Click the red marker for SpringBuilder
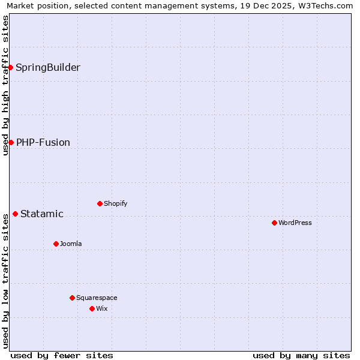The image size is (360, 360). pos(11,67)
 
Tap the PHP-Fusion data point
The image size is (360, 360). pos(11,142)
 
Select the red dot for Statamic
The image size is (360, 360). pos(15,214)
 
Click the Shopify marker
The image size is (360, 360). pos(100,203)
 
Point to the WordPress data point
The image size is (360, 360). pos(274,223)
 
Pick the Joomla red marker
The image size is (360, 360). pos(56,244)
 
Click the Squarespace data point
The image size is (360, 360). pos(72,298)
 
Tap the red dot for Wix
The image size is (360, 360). pos(92,308)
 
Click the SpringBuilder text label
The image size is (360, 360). pos(48,67)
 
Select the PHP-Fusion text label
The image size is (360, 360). pos(43,142)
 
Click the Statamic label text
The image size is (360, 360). pos(42,214)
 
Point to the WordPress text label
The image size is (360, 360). pos(295,223)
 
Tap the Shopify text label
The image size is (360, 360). pos(116,203)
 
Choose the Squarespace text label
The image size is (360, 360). pos(97,298)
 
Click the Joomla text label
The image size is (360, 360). pos(71,244)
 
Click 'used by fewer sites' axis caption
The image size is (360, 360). pos(62,355)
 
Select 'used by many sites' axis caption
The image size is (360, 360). pos(301,355)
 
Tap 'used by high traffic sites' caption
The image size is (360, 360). pos(5,85)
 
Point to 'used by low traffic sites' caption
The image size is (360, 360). pos(5,280)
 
